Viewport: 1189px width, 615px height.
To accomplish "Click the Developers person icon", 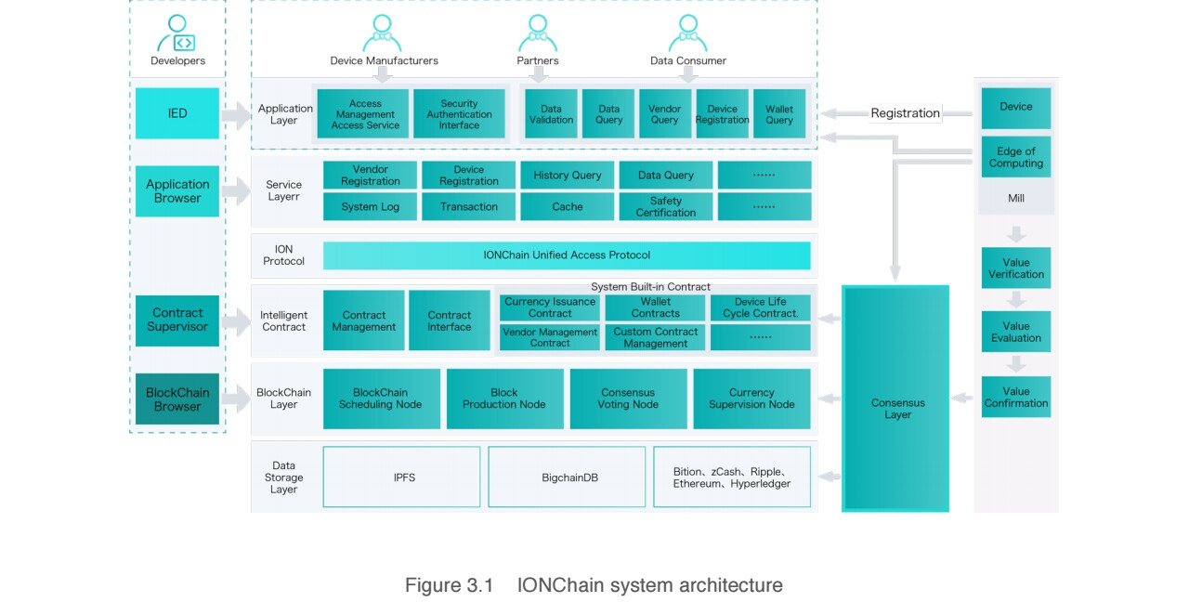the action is point(176,33).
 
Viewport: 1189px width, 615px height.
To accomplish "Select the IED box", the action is point(177,113).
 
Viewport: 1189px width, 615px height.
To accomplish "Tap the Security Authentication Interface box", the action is point(459,114).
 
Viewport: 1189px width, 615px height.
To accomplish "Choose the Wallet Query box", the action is point(779,114).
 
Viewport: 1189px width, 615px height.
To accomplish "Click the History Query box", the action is point(567,176).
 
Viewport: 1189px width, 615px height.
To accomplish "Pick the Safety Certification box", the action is point(666,206).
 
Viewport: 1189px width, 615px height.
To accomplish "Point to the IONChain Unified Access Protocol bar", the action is point(567,255).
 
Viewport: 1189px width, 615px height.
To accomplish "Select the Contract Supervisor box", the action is point(177,321).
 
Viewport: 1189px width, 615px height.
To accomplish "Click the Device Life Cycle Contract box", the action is point(760,307).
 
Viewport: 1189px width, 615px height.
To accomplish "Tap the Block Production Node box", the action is point(504,399).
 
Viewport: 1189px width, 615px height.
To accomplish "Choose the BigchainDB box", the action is point(567,477).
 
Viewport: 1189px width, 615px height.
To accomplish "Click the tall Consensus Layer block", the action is point(895,399).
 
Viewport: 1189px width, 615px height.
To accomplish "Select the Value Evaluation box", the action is point(1016,332).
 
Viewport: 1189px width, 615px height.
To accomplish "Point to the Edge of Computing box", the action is point(1016,157).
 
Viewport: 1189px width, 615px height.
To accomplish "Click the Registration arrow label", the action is point(905,113).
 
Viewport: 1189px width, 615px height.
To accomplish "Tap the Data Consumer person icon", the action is point(688,33).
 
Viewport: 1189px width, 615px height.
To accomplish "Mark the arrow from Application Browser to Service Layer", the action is point(236,190).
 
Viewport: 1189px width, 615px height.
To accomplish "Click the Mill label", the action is point(1016,198).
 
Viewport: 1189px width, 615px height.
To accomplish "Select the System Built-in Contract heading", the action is point(650,287).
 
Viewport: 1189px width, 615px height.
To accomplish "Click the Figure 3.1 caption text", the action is point(594,585).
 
